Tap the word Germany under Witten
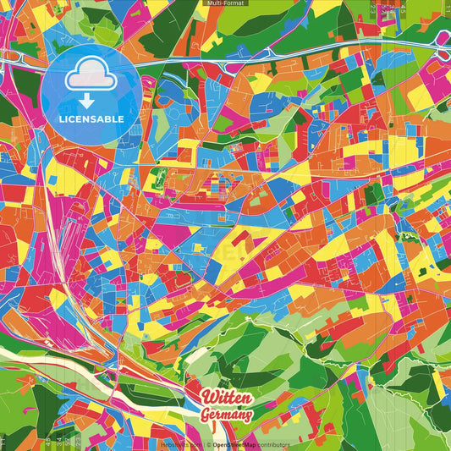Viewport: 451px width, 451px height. click(x=227, y=415)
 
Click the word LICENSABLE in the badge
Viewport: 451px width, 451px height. click(x=91, y=118)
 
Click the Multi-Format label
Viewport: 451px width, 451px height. click(x=225, y=4)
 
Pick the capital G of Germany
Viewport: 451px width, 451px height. click(x=206, y=414)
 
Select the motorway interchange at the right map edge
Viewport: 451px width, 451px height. click(x=443, y=51)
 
